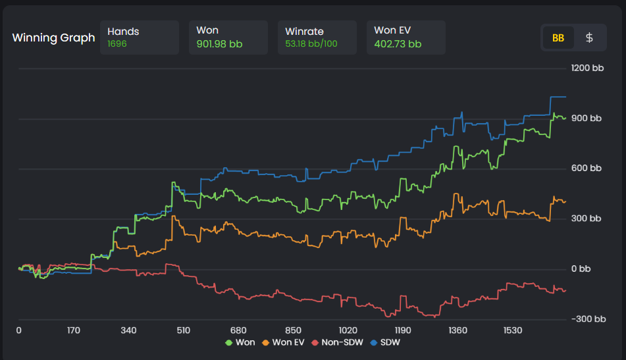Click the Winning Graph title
point(53,38)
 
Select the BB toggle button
point(558,38)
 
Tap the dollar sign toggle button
point(589,38)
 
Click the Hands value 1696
point(117,44)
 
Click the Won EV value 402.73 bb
point(398,44)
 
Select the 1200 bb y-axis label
point(588,68)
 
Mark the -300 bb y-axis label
point(588,319)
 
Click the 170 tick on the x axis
point(73,330)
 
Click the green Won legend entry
point(240,343)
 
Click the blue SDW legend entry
point(386,343)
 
